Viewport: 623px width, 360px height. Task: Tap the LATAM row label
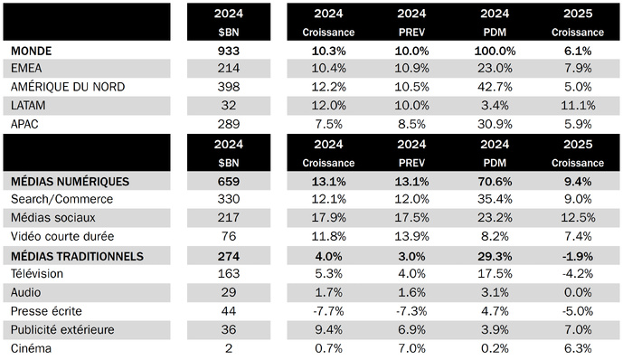[x=29, y=104]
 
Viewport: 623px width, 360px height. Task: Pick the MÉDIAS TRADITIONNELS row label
[x=77, y=256]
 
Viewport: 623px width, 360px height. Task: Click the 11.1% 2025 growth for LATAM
[x=577, y=104]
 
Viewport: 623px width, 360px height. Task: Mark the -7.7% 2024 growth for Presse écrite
[x=333, y=311]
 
